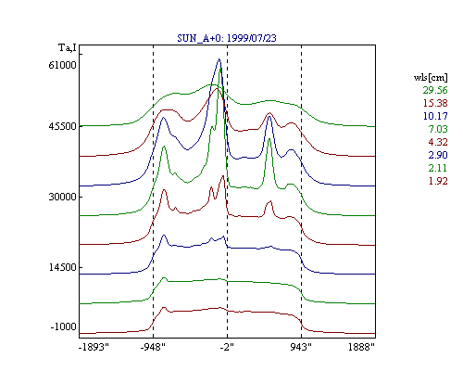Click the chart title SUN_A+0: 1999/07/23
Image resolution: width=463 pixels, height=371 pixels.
coord(227,38)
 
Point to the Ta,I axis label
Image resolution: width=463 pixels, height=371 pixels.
coord(68,48)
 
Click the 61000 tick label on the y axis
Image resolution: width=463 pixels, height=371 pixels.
coord(62,65)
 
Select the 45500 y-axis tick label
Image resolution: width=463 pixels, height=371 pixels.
coord(62,126)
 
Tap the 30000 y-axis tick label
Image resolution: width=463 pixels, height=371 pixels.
coord(62,197)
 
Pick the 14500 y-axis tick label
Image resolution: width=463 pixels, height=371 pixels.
coord(62,267)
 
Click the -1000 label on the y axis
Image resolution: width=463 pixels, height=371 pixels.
coord(63,326)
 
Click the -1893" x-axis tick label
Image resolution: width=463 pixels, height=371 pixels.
coord(94,347)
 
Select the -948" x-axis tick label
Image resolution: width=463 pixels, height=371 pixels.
coord(153,347)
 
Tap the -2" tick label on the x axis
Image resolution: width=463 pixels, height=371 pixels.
coord(227,347)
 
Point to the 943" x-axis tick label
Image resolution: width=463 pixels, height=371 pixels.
coord(301,347)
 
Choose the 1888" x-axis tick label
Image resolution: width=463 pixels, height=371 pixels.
coord(361,347)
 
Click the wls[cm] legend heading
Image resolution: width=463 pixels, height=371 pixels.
coord(431,78)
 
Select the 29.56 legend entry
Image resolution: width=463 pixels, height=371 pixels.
coord(435,90)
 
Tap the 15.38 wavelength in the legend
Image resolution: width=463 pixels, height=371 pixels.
coord(435,103)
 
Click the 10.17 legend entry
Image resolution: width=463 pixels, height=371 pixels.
coord(435,116)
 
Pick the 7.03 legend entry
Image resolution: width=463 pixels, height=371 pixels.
coord(438,129)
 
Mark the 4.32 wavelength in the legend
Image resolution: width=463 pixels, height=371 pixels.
coord(438,142)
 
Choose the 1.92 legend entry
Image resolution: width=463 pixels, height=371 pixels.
coord(438,181)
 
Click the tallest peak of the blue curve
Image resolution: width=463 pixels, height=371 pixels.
coord(219,59)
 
